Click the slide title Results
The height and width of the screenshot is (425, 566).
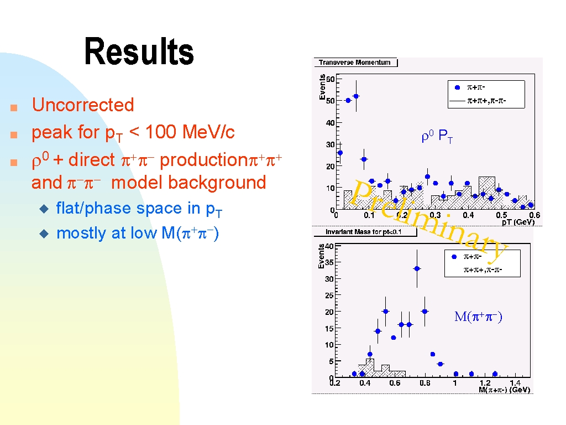point(139,51)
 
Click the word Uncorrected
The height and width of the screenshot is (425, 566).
point(83,105)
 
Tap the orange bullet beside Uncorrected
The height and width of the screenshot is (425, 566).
point(14,107)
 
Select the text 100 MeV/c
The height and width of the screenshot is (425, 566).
point(190,132)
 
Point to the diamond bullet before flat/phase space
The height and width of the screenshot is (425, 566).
point(44,209)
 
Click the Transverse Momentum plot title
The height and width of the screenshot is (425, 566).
point(354,63)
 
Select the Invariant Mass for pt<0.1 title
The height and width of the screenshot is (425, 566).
point(363,232)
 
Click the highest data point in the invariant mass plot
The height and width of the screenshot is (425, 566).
point(417,268)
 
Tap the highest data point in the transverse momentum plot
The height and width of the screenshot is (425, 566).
point(356,96)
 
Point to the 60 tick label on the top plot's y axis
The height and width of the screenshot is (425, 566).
point(331,79)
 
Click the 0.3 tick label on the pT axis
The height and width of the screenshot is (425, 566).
point(435,215)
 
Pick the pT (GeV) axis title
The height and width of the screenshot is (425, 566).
point(518,222)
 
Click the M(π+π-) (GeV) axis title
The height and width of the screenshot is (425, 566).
point(504,390)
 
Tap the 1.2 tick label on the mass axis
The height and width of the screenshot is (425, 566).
point(485,383)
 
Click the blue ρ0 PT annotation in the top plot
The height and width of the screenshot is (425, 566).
point(437,136)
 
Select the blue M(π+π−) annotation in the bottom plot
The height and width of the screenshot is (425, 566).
point(478,317)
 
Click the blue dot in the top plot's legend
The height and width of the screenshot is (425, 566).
point(457,87)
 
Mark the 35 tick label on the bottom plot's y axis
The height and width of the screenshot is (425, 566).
point(329,262)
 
